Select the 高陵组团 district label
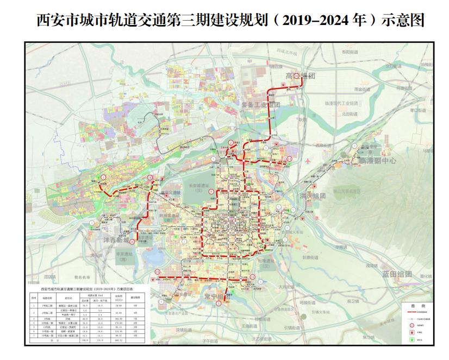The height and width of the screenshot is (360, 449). (301, 77)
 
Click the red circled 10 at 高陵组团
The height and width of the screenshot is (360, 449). (296, 77)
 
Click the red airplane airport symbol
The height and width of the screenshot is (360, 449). (307, 161)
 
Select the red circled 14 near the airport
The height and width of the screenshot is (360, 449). (290, 159)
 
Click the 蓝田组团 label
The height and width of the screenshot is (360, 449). (397, 274)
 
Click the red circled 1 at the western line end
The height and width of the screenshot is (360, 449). (103, 178)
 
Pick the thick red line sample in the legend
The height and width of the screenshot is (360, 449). (411, 313)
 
